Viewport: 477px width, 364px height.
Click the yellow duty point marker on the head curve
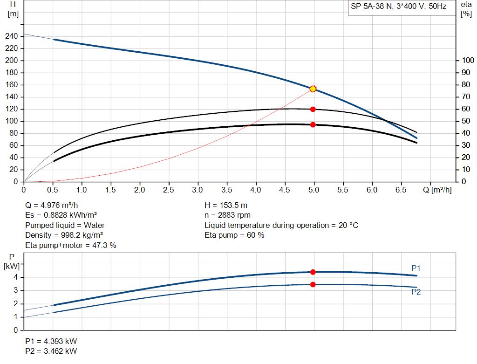313,89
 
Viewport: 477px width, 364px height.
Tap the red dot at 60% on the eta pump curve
313,109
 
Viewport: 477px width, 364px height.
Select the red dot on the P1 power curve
313,272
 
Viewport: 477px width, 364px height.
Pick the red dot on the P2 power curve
313,284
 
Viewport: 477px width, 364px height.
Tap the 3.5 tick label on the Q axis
227,190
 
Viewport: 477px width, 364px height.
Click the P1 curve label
416,268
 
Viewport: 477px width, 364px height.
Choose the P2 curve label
416,292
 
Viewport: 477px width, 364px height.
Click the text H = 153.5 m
226,205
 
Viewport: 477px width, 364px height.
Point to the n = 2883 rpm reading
228,215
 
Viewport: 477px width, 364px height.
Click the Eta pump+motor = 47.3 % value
70,246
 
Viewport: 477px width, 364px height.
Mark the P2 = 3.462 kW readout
51,351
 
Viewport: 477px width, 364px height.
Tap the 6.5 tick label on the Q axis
401,190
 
